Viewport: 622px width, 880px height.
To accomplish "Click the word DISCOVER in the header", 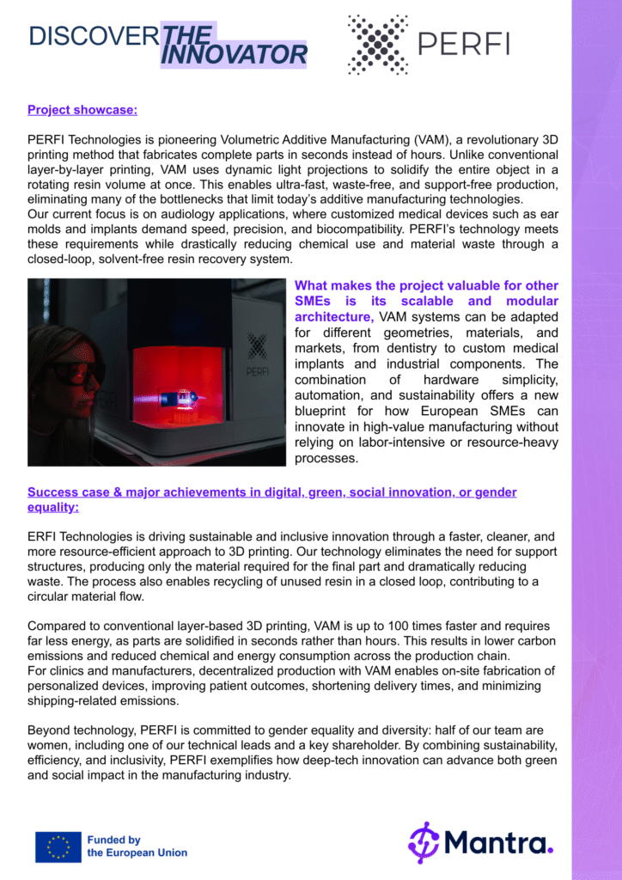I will pos(93,36).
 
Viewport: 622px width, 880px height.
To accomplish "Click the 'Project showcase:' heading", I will pos(82,109).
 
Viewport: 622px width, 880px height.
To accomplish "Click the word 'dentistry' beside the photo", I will pos(397,348).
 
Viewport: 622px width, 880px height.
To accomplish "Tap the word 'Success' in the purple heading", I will pos(53,492).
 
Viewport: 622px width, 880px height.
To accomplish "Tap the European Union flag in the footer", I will pos(58,846).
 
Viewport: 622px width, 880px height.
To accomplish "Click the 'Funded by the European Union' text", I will pos(137,846).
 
